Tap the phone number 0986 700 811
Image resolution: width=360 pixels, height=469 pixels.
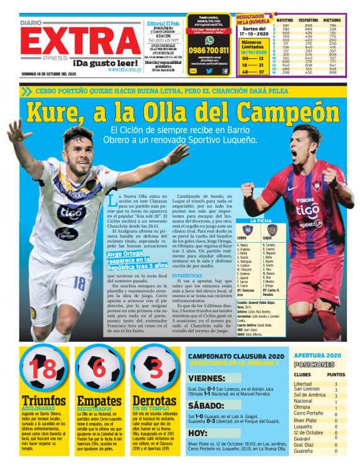[209, 50]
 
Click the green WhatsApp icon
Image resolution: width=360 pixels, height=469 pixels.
[209, 39]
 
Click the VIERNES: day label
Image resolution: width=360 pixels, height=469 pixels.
[207, 378]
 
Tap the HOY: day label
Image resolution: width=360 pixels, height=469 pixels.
[198, 433]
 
